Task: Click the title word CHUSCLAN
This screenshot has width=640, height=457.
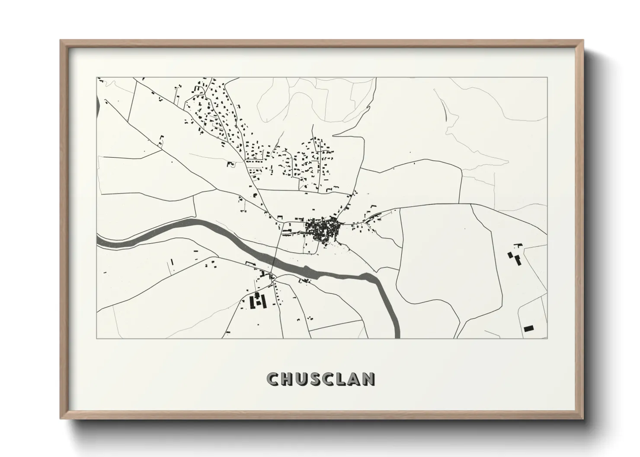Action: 321,379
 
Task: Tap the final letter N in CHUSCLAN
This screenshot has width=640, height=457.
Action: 369,379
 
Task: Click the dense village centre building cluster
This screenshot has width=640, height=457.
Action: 323,230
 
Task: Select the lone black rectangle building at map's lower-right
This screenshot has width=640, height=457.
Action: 528,328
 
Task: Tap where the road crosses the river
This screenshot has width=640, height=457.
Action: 275,265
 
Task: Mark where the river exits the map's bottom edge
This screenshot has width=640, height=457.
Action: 397,336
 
